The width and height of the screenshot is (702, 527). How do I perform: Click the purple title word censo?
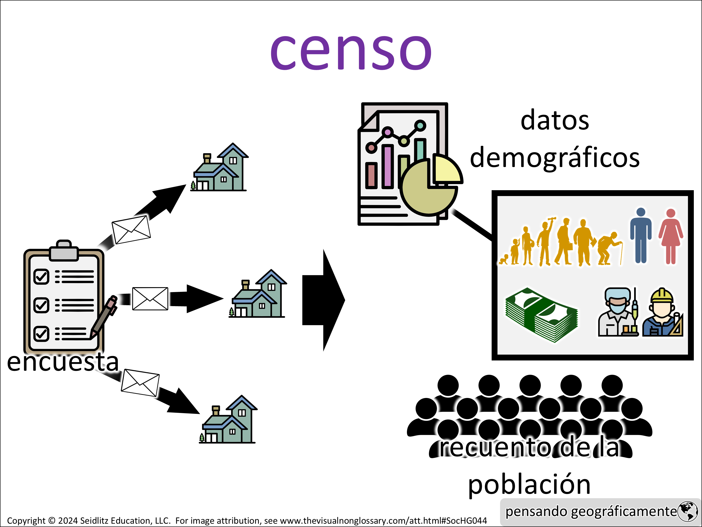[x=351, y=52]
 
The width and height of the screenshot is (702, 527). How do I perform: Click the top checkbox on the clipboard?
[x=41, y=276]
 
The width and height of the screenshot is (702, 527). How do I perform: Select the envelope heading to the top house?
[x=131, y=230]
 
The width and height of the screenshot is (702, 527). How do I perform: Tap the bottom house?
[x=229, y=420]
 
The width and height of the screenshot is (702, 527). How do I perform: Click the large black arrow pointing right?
[x=323, y=300]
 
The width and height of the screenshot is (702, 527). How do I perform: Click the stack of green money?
[x=542, y=315]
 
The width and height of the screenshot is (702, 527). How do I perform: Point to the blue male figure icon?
[x=641, y=235]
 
